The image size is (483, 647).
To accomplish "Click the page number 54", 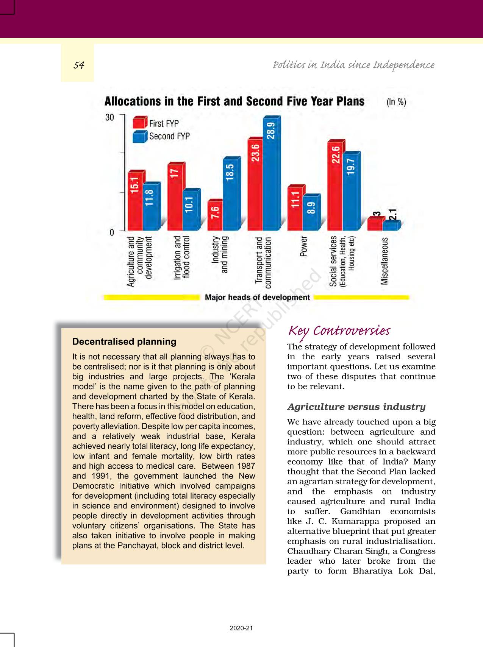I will [79, 65].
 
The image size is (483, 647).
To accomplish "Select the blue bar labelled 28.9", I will [271, 174].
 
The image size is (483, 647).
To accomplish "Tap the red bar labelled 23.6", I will [255, 186].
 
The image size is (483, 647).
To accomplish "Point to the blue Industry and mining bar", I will [230, 195].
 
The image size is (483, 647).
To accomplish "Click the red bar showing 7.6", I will [215, 216].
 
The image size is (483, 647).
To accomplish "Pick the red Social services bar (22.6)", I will [335, 187].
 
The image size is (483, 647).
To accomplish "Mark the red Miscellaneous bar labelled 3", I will [375, 224].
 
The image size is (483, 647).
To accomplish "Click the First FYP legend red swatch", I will [139, 123].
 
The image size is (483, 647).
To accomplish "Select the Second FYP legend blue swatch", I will [139, 136].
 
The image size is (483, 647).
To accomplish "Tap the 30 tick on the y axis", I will [109, 117].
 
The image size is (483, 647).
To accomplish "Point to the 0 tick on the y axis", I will [112, 232].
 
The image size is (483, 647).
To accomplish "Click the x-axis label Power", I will [303, 246].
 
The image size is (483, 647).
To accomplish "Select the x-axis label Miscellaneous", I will [385, 261].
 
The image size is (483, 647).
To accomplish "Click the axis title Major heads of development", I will [257, 298].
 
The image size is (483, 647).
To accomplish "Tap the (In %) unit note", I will [396, 102].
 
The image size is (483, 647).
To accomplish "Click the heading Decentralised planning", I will [124, 341].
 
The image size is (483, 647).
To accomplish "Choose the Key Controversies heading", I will [339, 331].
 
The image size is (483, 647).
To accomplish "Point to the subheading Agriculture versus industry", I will [356, 407].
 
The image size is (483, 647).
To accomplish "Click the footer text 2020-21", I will [241, 628].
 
